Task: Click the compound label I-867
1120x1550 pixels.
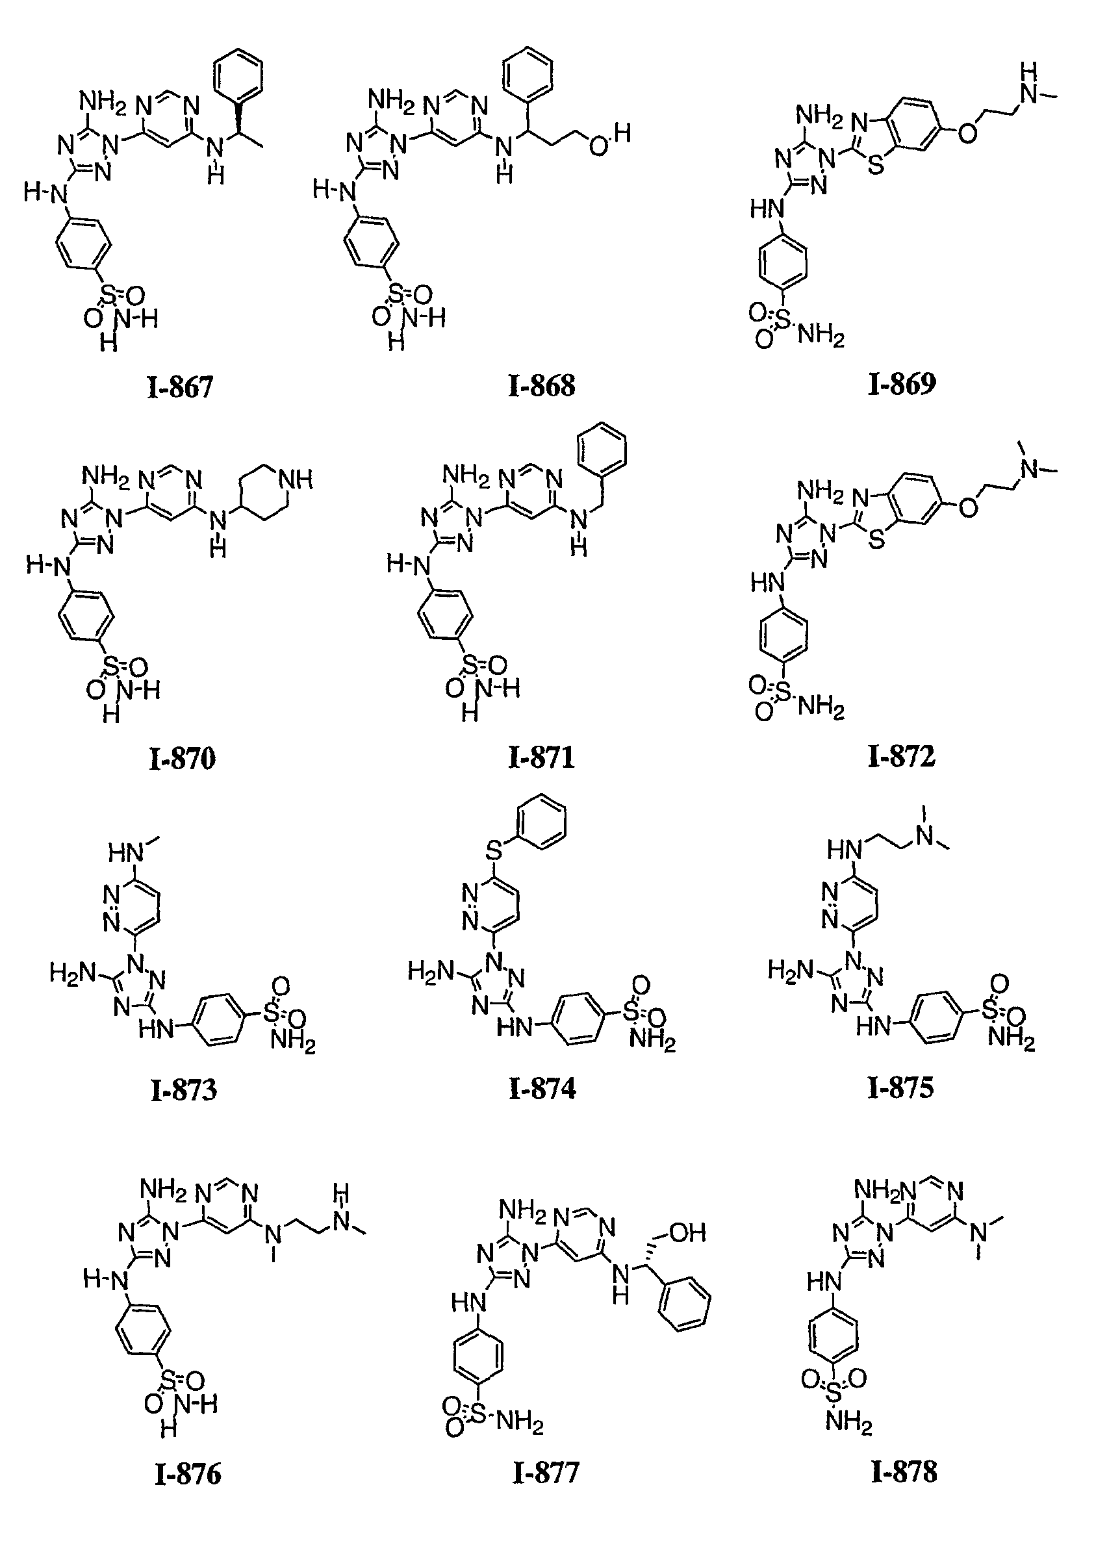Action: click(x=181, y=387)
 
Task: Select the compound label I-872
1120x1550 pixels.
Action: click(x=901, y=756)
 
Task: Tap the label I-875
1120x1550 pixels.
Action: click(x=900, y=1087)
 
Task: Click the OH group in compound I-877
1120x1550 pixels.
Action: click(x=687, y=1232)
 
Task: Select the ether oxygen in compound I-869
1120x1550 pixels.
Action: click(x=967, y=133)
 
